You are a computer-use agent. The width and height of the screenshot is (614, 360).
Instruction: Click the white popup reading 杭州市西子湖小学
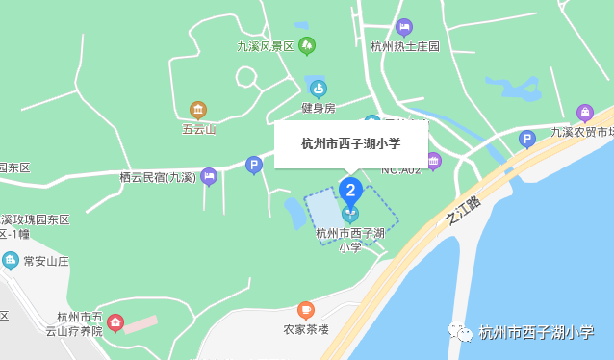(x=350, y=144)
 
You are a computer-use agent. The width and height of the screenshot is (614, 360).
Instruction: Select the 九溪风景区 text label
(x=265, y=46)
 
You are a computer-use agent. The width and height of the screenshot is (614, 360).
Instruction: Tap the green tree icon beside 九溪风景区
(x=307, y=45)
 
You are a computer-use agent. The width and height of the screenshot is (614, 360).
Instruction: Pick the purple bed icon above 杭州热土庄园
(x=404, y=27)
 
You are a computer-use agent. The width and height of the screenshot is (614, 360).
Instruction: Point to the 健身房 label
(x=318, y=108)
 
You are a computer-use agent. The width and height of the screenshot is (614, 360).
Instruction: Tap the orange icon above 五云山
(x=198, y=110)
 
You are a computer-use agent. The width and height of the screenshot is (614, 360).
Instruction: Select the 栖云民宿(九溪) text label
(x=157, y=177)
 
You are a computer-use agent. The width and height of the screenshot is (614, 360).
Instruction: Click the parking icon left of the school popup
(x=254, y=165)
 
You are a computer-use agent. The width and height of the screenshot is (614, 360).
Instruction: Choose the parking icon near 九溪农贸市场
(x=526, y=139)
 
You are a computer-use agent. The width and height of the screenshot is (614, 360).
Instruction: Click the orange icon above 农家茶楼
(x=306, y=310)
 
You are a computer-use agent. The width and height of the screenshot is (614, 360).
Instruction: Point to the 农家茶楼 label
(x=306, y=329)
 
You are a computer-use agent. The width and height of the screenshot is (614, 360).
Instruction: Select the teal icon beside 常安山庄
(x=11, y=260)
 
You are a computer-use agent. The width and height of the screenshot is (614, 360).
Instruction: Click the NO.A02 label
(x=401, y=170)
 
